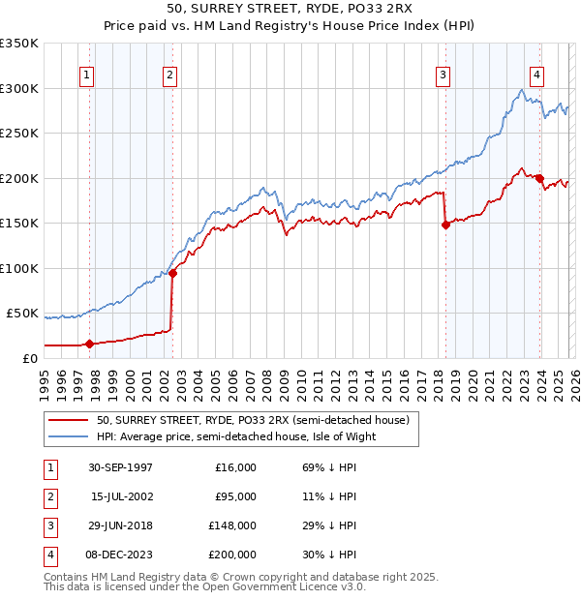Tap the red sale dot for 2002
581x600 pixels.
pos(172,273)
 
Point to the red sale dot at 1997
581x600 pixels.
pos(90,344)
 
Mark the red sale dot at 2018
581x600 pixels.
pos(445,225)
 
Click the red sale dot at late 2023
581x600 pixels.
pos(539,178)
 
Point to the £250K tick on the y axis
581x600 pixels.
pos(19,134)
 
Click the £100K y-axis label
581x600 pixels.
pos(19,268)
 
